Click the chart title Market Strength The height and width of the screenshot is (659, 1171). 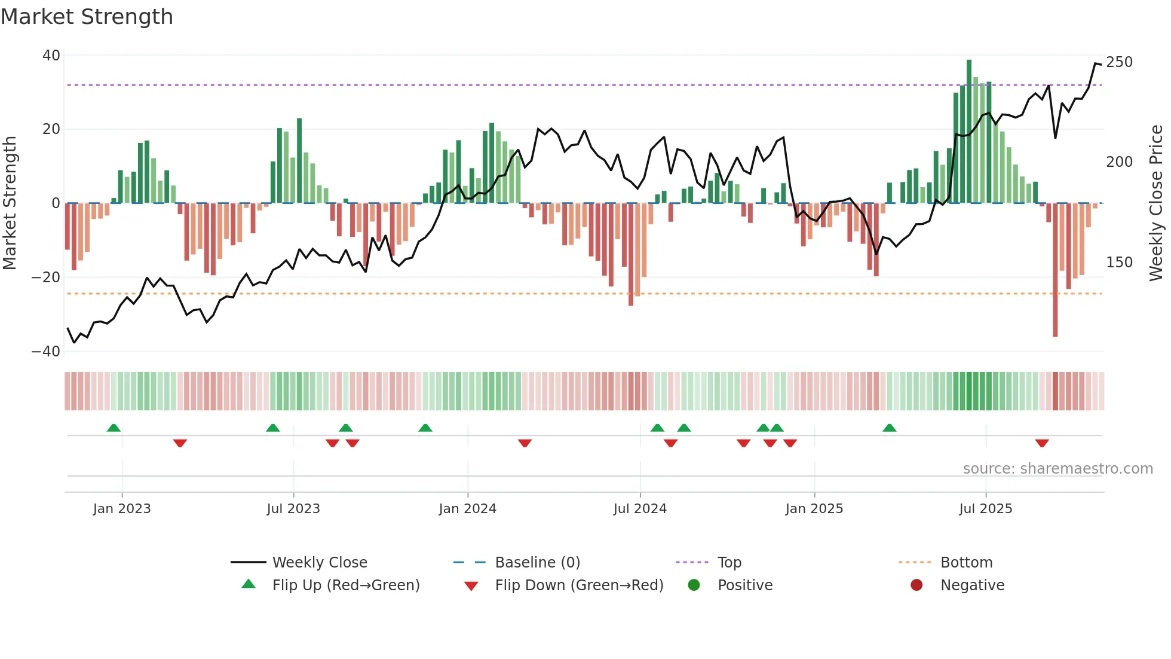87,17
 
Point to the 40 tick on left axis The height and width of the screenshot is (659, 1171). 51,56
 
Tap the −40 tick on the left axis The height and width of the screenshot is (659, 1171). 46,352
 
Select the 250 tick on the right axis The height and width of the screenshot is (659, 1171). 1119,62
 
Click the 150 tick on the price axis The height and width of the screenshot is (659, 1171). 1119,263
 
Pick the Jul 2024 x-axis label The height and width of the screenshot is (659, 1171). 640,509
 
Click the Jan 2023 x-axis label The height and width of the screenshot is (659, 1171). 122,509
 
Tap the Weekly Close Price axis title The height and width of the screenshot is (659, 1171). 1156,203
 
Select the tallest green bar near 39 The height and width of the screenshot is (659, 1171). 969,132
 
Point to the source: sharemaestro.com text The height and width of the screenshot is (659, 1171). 1057,469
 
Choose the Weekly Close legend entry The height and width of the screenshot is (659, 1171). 320,563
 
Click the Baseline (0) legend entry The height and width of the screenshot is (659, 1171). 537,563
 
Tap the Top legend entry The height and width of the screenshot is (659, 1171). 729,563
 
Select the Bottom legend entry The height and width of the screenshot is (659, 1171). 966,563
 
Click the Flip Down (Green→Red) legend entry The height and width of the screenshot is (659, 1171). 579,585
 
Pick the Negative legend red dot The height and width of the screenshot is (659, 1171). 916,585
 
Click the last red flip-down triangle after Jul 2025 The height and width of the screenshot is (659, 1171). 1042,443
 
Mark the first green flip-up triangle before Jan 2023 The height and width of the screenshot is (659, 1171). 114,428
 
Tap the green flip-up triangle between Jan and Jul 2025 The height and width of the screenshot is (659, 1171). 889,428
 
